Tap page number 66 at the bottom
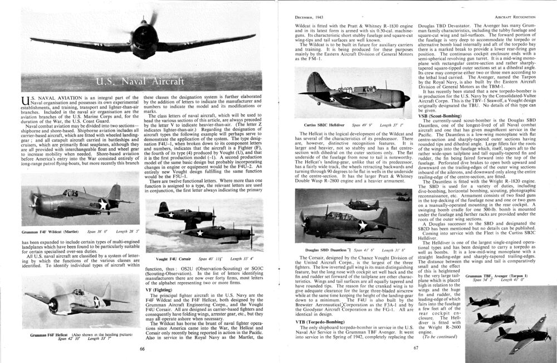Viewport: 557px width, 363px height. [143, 349]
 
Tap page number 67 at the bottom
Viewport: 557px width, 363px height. [416, 349]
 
